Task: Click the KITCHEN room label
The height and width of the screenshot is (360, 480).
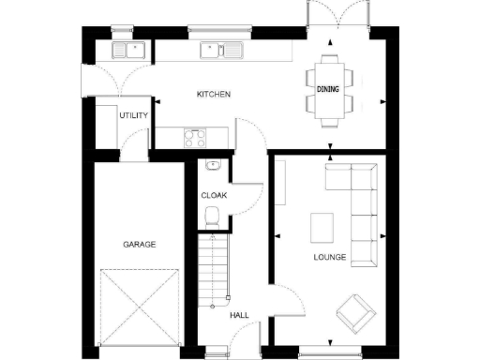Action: tap(213, 95)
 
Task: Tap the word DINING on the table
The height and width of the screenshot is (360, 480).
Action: tap(328, 89)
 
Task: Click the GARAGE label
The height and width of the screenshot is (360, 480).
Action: tap(139, 244)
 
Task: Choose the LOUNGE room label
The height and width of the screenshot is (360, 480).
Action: tap(329, 257)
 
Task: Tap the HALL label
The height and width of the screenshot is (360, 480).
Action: tap(239, 316)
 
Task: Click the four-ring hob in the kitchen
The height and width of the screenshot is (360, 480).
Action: tap(197, 139)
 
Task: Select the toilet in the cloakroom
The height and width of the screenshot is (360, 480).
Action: tap(213, 218)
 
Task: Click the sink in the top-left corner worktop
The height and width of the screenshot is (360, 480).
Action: tap(126, 51)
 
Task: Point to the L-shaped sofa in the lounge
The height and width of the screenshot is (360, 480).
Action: tap(361, 202)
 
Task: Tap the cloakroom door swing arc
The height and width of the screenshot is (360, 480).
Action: tap(246, 199)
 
